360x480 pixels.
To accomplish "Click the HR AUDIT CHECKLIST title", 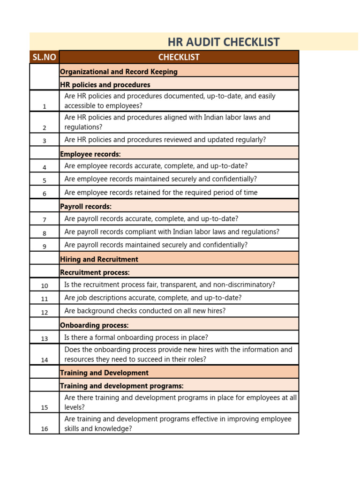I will [224, 42].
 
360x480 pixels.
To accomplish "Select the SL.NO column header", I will [44, 57].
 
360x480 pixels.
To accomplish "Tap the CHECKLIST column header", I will [179, 57].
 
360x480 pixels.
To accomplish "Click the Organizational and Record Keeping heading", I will [119, 72].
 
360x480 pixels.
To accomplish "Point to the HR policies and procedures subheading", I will [105, 85].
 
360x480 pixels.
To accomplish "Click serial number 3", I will [45, 141].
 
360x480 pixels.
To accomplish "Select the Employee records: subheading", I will [90, 154].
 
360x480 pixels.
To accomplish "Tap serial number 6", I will [45, 194].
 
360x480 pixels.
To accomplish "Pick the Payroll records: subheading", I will [86, 206].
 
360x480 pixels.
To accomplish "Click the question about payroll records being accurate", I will [151, 218].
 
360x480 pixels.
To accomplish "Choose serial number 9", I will [45, 246].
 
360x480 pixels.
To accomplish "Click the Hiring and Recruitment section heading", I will [99, 259].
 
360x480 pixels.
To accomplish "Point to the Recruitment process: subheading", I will [95, 272].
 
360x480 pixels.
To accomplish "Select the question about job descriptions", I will [153, 298].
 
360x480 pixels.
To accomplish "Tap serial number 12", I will [45, 312].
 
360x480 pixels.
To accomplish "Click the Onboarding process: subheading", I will [94, 325].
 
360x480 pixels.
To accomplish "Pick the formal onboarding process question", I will [136, 337].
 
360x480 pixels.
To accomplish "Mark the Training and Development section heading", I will [104, 373].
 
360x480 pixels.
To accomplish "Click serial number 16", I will [45, 429].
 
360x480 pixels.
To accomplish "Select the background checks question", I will [145, 311].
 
